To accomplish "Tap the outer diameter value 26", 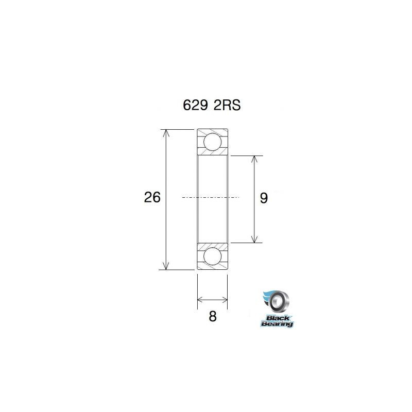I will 152,198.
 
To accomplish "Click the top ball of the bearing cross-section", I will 212,141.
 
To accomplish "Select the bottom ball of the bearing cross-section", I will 212,256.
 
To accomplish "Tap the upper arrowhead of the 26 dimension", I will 166,133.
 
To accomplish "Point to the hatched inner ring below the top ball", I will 212,152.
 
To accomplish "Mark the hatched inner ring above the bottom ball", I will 212,245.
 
